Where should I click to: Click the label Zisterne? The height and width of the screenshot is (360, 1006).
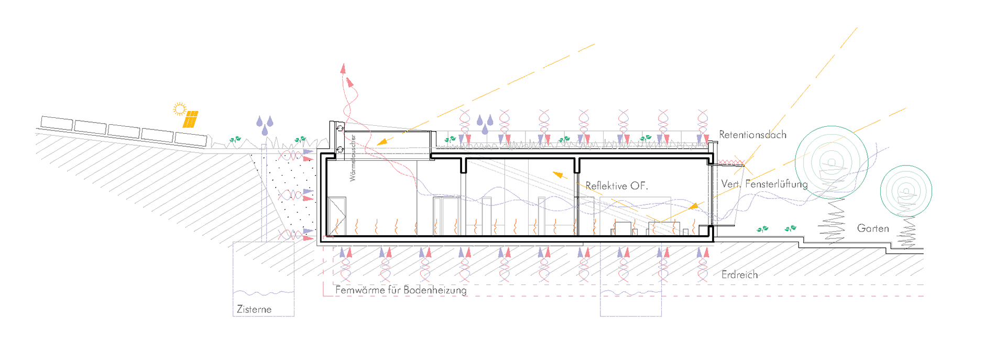[254, 309]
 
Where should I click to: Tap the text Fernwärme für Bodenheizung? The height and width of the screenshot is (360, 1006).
[401, 290]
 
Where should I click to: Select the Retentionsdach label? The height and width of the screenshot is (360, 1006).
[752, 135]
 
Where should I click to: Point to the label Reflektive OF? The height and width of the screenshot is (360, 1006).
[617, 186]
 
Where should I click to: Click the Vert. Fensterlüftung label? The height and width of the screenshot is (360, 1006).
[764, 184]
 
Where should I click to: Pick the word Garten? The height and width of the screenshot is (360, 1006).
[873, 228]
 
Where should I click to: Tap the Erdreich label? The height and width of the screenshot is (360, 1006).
[739, 275]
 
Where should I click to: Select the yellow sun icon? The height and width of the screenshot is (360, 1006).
[180, 109]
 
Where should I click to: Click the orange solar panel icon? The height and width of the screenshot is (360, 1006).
[190, 119]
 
